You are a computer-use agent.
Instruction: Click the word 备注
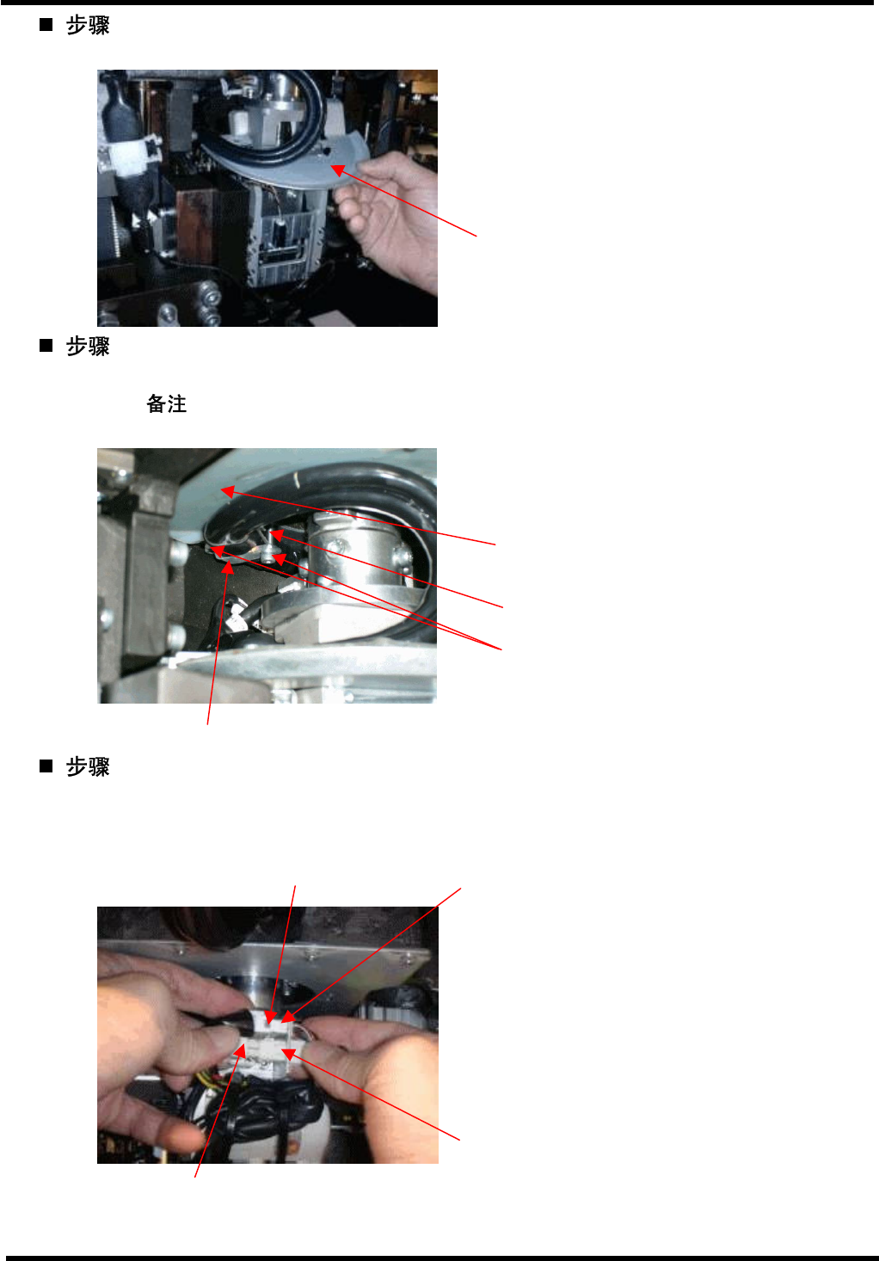166,403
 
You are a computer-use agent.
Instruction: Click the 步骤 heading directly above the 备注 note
88,346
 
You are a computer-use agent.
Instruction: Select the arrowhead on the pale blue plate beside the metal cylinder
227,491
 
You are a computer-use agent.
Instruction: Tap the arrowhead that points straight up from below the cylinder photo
227,566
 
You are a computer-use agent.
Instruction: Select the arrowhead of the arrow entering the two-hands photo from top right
288,1017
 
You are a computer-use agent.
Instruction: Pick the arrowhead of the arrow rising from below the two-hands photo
241,1049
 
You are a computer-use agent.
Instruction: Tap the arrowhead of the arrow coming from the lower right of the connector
288,1055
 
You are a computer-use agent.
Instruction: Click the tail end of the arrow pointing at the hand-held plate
476,236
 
